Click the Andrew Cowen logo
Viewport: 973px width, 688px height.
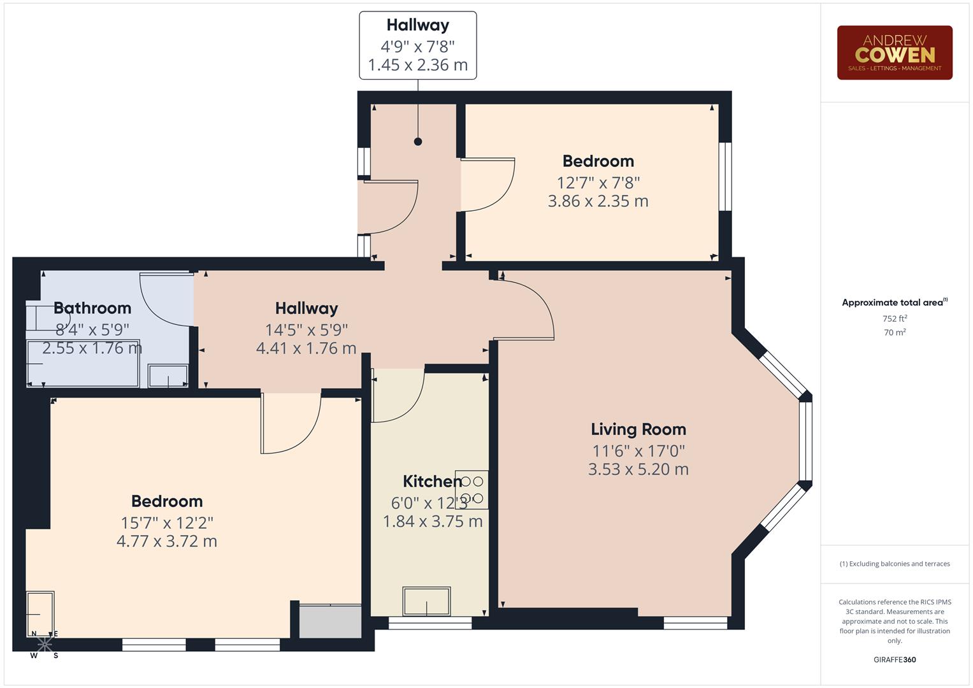point(894,53)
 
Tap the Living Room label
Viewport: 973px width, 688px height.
point(638,429)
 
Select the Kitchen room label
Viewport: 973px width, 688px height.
point(431,482)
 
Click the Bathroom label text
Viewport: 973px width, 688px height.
point(92,308)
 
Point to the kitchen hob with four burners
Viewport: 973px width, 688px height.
point(472,489)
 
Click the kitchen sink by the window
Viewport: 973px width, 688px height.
point(426,601)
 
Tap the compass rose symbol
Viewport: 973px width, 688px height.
point(44,644)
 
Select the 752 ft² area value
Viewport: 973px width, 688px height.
point(894,319)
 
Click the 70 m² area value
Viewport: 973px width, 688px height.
point(894,333)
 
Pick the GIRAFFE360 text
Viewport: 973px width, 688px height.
point(894,659)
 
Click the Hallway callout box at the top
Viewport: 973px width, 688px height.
point(417,45)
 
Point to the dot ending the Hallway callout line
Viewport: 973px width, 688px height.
point(418,141)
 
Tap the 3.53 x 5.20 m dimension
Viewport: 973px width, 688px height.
point(638,469)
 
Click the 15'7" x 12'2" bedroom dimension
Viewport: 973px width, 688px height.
point(167,523)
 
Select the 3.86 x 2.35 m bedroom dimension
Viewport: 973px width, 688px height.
point(598,201)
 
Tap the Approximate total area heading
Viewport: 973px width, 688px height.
point(894,303)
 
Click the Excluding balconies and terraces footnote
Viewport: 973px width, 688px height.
point(894,564)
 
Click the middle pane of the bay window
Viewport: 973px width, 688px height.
point(805,440)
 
